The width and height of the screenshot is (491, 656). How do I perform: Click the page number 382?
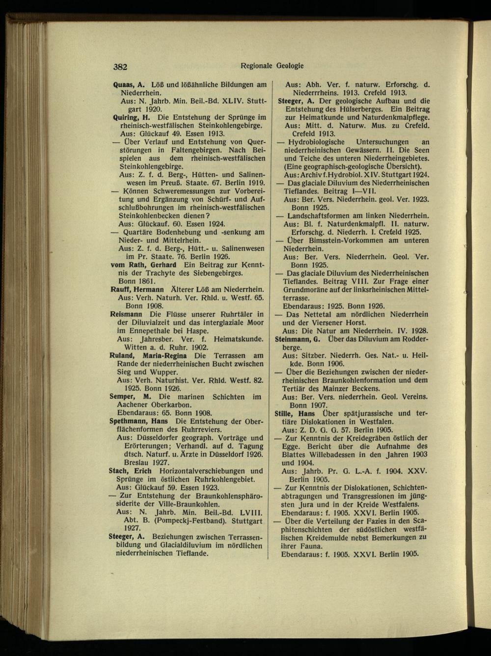tap(120, 68)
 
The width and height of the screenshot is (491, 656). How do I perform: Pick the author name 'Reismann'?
tap(127, 314)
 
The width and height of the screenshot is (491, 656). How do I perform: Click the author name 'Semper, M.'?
tap(130, 396)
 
